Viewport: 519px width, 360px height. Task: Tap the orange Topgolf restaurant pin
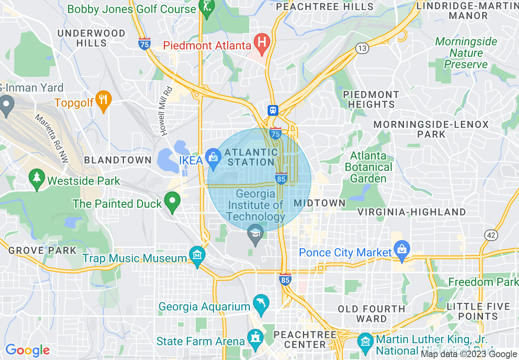pos(104,100)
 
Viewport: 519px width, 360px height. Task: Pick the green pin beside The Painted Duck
pos(172,201)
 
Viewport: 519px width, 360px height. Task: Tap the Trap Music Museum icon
pos(197,256)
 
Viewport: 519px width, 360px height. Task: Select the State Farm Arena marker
pos(255,339)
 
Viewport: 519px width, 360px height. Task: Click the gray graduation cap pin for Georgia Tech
pos(256,234)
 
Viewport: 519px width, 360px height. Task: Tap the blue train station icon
pos(273,110)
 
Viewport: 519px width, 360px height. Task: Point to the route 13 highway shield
pos(362,48)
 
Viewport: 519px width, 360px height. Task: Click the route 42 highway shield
pos(490,235)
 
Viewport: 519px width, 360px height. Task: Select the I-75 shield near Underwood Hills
pos(144,43)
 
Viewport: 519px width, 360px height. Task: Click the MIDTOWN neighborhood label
pos(320,203)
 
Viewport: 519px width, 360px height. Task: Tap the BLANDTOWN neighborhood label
pos(118,160)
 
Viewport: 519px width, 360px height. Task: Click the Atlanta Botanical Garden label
pos(368,167)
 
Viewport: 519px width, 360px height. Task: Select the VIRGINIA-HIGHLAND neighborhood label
pos(412,212)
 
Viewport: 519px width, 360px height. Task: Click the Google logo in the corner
pos(27,350)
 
